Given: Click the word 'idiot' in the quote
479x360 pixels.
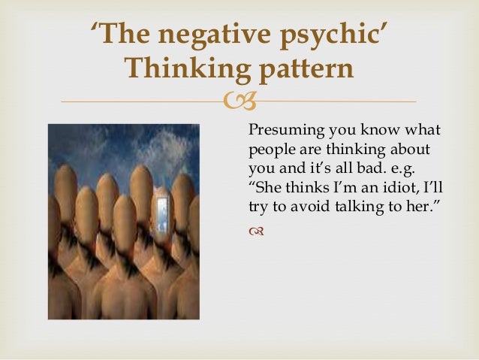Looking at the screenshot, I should pyautogui.click(x=389, y=186).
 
